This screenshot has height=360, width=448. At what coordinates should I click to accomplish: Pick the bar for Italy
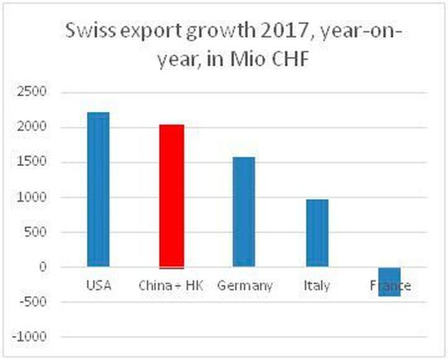pos(317,233)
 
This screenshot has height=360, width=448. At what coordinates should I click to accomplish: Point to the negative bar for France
pos(389,281)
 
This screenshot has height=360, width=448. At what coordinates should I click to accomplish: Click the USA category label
pos(98,286)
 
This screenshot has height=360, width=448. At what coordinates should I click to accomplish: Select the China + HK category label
pos(171,286)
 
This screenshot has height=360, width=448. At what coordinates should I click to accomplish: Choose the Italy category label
pos(316,286)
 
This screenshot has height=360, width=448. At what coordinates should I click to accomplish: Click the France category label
pos(389,286)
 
